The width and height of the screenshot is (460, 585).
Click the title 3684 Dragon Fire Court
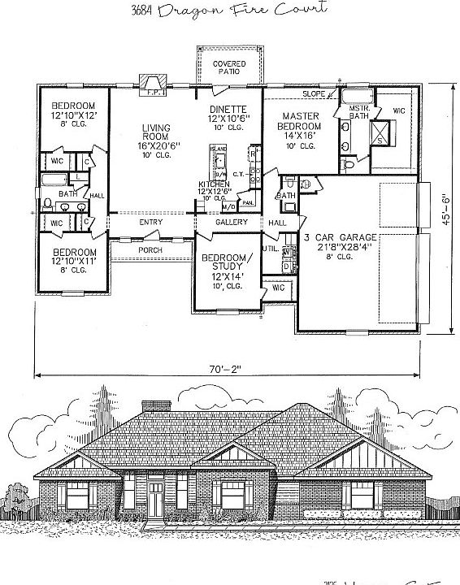pos(229,11)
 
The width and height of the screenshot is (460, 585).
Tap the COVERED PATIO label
pos(229,67)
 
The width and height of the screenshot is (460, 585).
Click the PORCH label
pos(150,249)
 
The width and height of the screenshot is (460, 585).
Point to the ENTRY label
pos(150,222)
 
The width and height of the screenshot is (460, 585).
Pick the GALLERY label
pos(231,222)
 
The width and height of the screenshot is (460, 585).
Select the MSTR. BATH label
pos(359,112)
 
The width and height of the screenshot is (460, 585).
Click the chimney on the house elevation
pos(152,406)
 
